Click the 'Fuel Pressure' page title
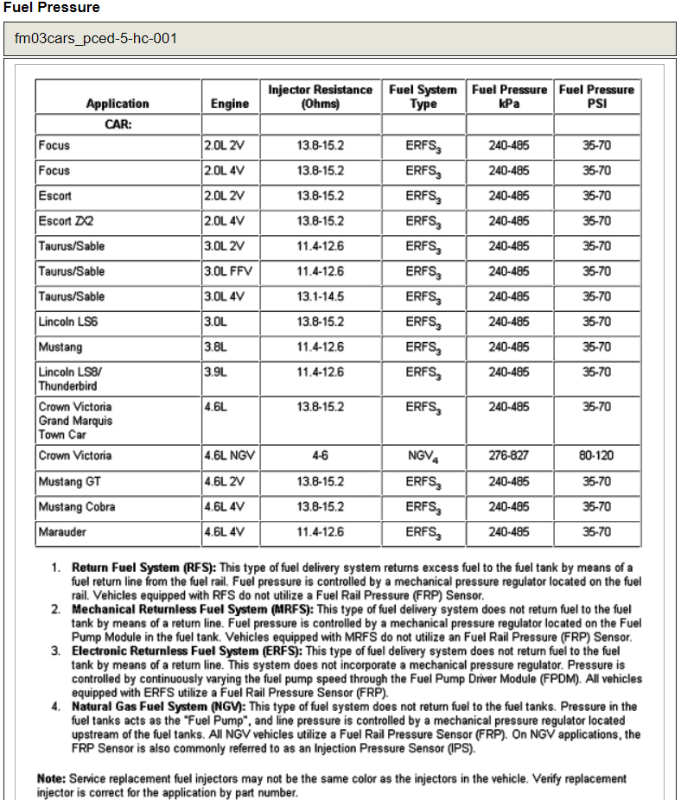pos(51,8)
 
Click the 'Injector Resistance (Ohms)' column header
pos(320,97)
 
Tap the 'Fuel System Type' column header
pos(423,97)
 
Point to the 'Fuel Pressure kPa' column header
pos(509,97)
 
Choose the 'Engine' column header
pos(229,104)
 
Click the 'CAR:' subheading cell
pos(118,124)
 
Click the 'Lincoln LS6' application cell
pos(67,321)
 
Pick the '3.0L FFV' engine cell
pos(227,271)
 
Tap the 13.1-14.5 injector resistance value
pos(320,296)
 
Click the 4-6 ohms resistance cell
pos(320,455)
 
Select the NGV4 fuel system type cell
pos(423,456)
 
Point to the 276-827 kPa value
pos(509,455)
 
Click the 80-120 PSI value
pos(596,455)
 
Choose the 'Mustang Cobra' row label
pos(76,506)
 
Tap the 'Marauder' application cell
pos(62,532)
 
